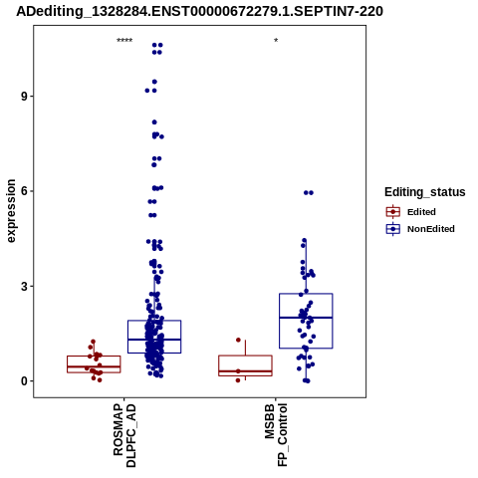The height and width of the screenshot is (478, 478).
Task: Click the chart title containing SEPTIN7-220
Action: (199, 11)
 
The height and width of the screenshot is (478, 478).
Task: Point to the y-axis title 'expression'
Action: (11, 211)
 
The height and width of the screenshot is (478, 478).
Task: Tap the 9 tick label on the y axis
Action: (24, 97)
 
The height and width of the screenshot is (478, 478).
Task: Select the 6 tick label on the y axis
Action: (24, 191)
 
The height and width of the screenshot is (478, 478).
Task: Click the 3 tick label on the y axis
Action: (24, 286)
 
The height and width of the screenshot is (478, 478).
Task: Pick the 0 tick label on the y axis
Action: (24, 381)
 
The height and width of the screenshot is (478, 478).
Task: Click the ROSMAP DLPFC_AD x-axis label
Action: (124, 435)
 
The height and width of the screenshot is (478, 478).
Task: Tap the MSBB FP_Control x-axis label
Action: (276, 434)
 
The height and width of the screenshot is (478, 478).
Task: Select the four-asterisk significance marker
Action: (124, 41)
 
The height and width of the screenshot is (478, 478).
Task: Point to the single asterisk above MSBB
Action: (276, 41)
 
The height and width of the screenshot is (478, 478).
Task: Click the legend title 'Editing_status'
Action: (424, 192)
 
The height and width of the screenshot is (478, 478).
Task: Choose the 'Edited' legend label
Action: (421, 212)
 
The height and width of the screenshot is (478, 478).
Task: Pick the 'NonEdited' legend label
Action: (431, 229)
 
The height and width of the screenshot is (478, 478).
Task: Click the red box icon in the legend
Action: (393, 212)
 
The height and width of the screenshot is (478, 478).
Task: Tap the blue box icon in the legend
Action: (393, 229)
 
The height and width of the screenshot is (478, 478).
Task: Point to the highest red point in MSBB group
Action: (238, 340)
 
